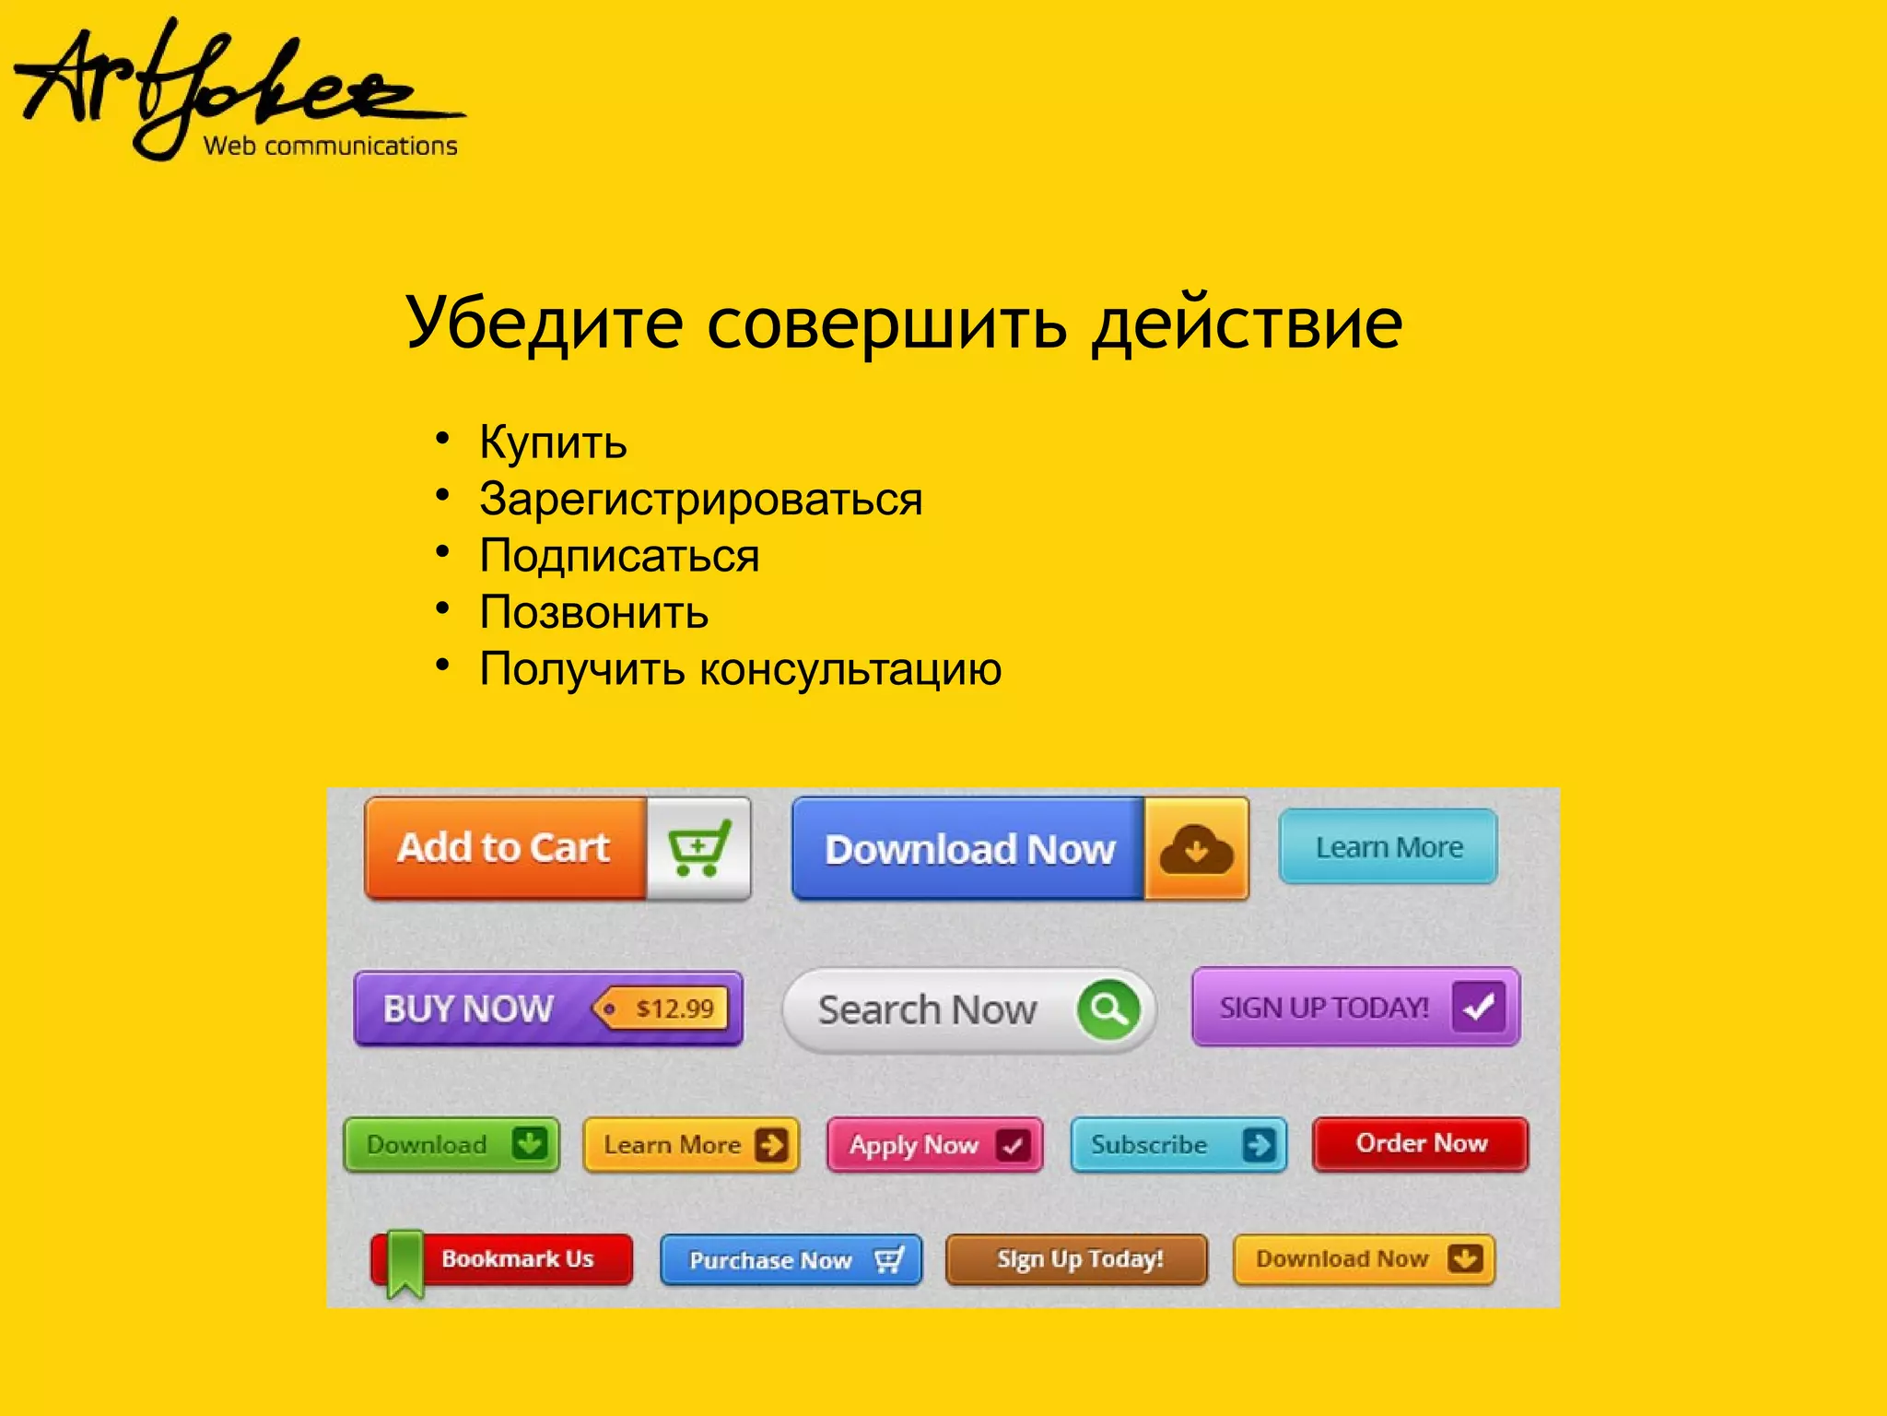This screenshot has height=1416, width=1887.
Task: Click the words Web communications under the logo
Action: tap(330, 146)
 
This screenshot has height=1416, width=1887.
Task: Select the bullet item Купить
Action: tap(553, 442)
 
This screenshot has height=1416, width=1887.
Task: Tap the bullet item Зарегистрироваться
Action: tap(700, 500)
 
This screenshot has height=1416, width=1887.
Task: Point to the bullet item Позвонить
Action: tap(593, 613)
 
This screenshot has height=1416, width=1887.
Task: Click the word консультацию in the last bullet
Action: tap(850, 669)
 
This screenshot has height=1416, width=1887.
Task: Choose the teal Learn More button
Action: tap(1388, 847)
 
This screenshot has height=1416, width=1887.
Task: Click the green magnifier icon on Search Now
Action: tap(1108, 1009)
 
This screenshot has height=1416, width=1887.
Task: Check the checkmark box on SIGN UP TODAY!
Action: tap(1478, 1007)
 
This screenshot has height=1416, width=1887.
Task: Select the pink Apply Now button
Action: tap(933, 1145)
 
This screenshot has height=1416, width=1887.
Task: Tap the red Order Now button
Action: tap(1420, 1144)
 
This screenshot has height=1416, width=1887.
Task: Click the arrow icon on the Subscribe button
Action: tap(1258, 1145)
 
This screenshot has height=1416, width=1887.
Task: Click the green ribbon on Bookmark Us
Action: tap(404, 1262)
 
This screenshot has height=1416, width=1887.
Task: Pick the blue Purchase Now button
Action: tap(791, 1260)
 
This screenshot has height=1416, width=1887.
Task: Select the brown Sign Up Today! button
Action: tap(1077, 1259)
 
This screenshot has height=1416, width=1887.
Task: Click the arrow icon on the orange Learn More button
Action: tap(770, 1145)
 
